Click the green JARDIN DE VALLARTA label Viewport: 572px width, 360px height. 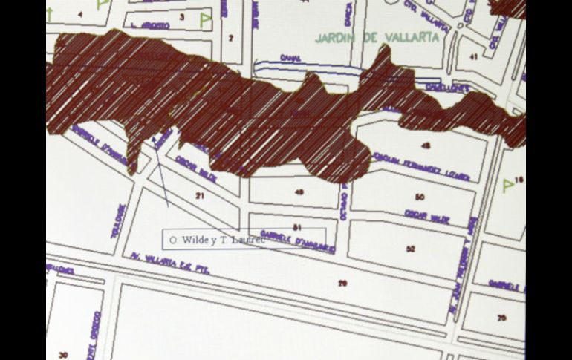coord(377,36)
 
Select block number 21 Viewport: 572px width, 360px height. coord(199,195)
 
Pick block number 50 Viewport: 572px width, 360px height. coord(420,197)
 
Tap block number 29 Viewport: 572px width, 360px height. coord(342,283)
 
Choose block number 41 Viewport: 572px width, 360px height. coord(473,56)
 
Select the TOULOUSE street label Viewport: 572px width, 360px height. coord(116,221)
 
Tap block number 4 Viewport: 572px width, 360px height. coord(80,13)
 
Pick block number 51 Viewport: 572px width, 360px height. coord(297,226)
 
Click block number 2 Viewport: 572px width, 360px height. coord(230,37)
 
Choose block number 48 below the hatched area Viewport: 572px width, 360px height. coord(299,192)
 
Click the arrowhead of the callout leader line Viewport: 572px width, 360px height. coord(152,136)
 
